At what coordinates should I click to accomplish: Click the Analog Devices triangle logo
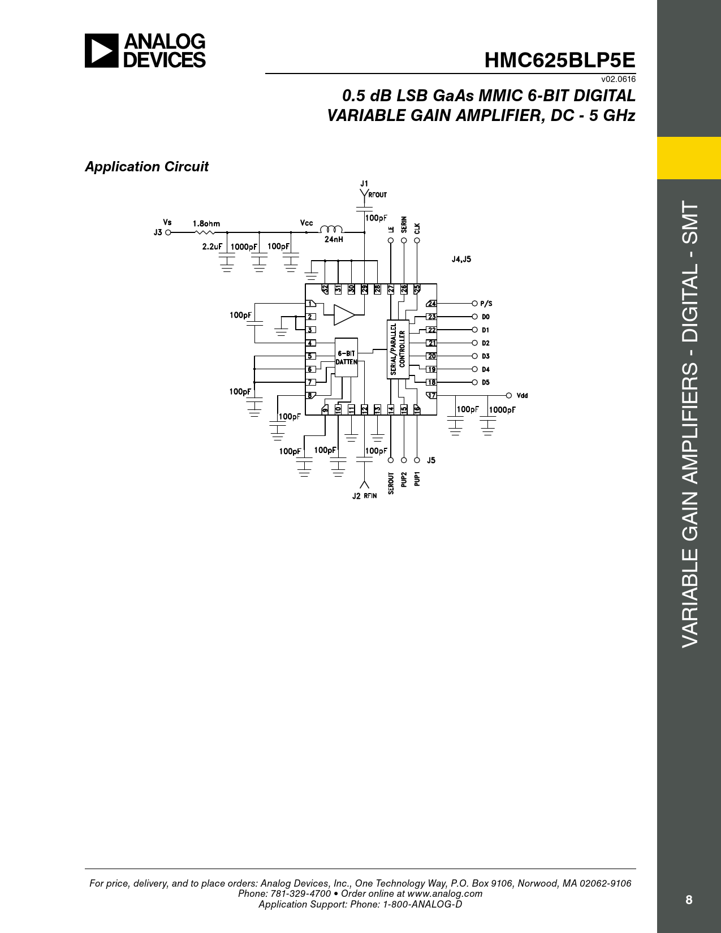pyautogui.click(x=101, y=51)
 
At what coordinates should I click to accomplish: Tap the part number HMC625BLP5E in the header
pyautogui.click(x=559, y=61)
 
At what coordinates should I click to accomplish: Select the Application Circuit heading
pyautogui.click(x=146, y=167)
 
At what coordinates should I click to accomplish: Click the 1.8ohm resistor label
pyautogui.click(x=206, y=224)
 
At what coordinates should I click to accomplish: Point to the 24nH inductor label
pyautogui.click(x=334, y=240)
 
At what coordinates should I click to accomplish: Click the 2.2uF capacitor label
pyautogui.click(x=212, y=247)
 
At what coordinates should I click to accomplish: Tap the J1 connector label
pyautogui.click(x=364, y=184)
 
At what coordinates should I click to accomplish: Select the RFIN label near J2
pyautogui.click(x=370, y=496)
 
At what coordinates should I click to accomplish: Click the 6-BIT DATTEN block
pyautogui.click(x=346, y=357)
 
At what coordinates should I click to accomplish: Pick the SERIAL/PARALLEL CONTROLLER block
pyautogui.click(x=398, y=349)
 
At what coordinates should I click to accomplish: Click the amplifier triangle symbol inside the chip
pyautogui.click(x=344, y=315)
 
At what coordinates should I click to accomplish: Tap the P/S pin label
pyautogui.click(x=486, y=304)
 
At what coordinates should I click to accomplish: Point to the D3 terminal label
pyautogui.click(x=485, y=356)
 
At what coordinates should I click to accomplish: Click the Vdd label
pyautogui.click(x=522, y=395)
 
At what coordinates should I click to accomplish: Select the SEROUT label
pyautogui.click(x=391, y=483)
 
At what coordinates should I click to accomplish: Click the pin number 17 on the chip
pyautogui.click(x=432, y=395)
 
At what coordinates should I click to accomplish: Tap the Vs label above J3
pyautogui.click(x=167, y=222)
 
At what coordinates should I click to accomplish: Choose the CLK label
pyautogui.click(x=417, y=228)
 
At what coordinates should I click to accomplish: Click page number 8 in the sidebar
pyautogui.click(x=689, y=900)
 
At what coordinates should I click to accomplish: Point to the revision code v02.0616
pyautogui.click(x=619, y=79)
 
